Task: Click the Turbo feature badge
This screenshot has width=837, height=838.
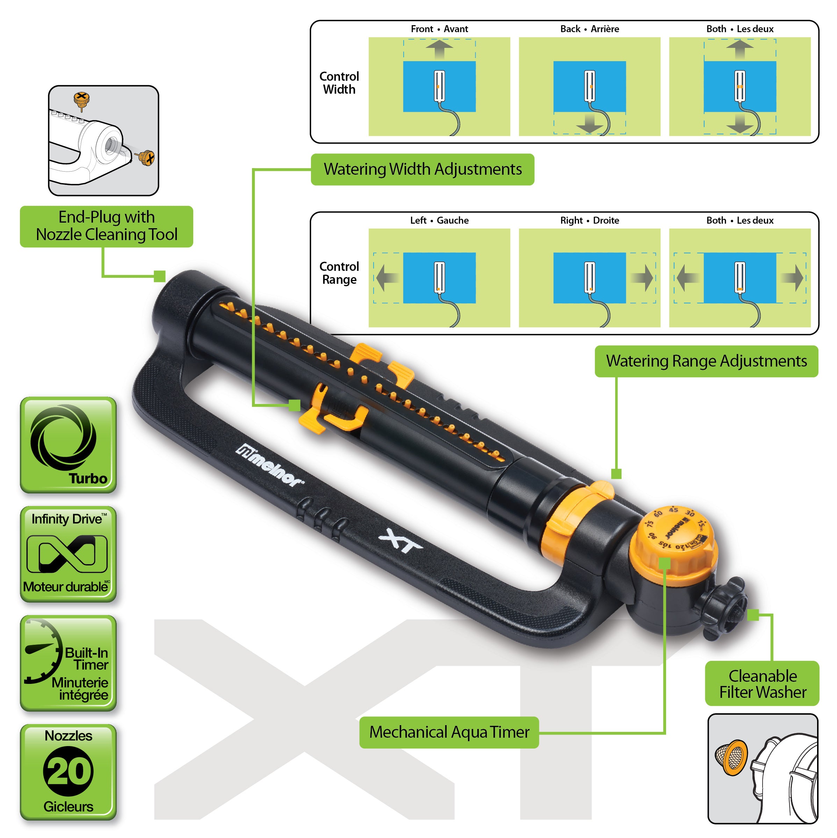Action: [x=68, y=445]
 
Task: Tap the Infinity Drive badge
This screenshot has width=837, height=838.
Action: [x=68, y=554]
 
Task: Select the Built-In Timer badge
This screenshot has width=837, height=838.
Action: [x=68, y=663]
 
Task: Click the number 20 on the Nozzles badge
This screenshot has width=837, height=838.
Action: [x=68, y=772]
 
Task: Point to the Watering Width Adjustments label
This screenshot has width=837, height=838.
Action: [x=423, y=169]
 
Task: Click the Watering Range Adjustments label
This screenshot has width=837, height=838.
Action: [x=706, y=361]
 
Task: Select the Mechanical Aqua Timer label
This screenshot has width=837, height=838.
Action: [x=449, y=732]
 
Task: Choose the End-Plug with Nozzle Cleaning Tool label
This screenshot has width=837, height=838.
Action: [x=106, y=226]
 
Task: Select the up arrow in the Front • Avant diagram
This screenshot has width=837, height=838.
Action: [x=439, y=49]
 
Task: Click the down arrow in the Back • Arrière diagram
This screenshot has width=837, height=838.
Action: [x=589, y=124]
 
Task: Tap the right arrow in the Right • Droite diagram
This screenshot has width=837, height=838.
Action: [x=643, y=277]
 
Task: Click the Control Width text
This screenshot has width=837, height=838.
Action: [x=339, y=83]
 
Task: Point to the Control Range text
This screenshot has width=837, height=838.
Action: [x=339, y=273]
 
